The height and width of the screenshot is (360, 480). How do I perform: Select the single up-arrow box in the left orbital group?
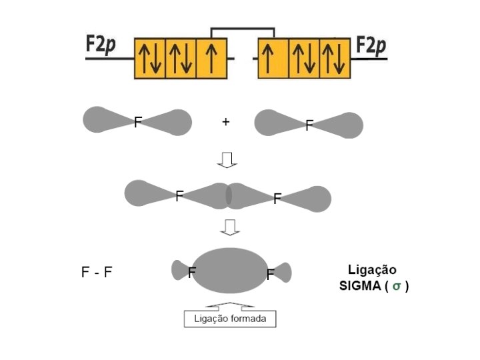(x=211, y=58)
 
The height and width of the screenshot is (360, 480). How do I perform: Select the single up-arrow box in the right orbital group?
(x=273, y=58)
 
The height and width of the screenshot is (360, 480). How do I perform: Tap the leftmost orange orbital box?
(x=151, y=58)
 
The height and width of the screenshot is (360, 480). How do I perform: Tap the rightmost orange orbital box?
(x=335, y=58)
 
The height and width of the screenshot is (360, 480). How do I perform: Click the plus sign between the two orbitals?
(x=225, y=123)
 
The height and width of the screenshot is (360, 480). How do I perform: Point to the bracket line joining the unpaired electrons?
(x=243, y=29)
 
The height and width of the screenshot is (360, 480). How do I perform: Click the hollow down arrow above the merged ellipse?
(x=229, y=228)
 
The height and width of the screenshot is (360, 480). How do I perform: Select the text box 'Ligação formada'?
(x=230, y=319)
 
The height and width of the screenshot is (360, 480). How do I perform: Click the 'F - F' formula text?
(x=97, y=272)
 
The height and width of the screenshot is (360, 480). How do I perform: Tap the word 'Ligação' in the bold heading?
(x=372, y=270)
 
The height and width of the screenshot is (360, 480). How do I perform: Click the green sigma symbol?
(x=396, y=287)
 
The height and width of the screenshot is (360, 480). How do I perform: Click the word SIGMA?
(x=360, y=287)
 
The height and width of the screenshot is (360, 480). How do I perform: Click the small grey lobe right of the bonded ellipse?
(x=283, y=271)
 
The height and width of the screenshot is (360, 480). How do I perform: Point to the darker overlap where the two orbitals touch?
(x=229, y=195)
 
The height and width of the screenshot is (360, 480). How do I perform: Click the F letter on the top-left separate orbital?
(x=138, y=122)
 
